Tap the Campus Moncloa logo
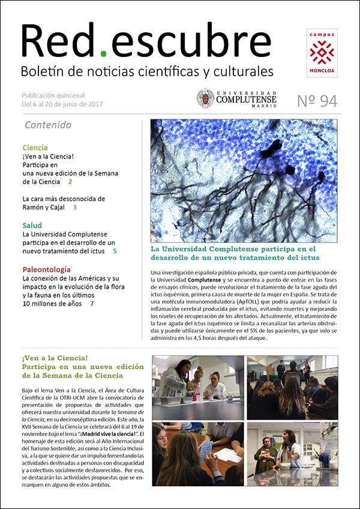[322, 53]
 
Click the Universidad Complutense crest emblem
[205, 98]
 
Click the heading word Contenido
[48, 125]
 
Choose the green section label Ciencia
[35, 148]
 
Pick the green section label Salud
[32, 226]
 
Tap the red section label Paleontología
[46, 270]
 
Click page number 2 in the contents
[70, 182]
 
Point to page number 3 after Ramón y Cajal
[75, 208]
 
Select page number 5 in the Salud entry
[115, 251]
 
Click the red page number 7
[92, 304]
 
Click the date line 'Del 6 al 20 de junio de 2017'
[62, 104]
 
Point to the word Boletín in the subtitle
[40, 72]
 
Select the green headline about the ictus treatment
[233, 253]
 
